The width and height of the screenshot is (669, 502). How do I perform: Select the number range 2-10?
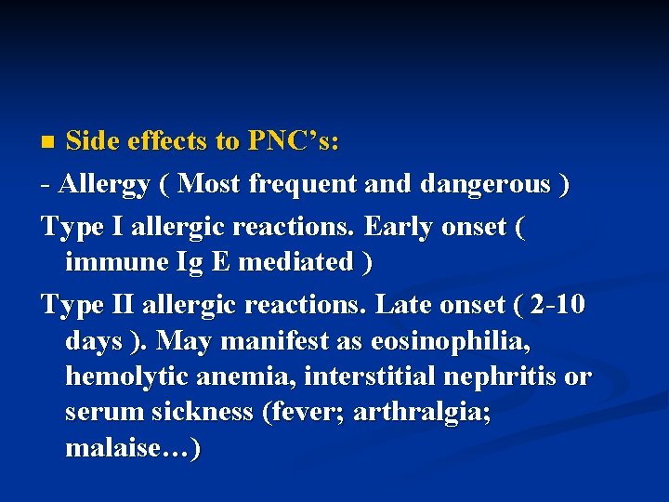click(x=552, y=305)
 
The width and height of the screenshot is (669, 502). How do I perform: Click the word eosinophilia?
click(x=450, y=341)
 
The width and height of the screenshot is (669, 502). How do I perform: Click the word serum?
click(x=98, y=413)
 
